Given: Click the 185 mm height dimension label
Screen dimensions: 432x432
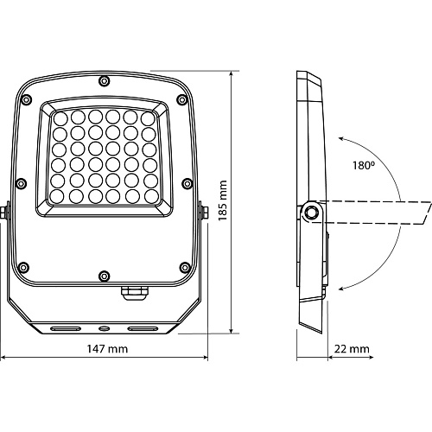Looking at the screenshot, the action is [223, 200].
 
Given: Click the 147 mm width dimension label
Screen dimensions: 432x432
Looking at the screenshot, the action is [107, 349].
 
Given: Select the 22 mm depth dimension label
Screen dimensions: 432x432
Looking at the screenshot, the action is [352, 349].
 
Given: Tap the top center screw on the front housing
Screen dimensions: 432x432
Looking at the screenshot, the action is [104, 81].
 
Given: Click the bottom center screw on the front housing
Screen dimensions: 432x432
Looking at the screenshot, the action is [104, 276].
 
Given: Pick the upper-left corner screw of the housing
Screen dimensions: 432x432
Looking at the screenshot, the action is [26, 99].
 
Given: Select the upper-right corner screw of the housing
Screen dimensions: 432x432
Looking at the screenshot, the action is [182, 99].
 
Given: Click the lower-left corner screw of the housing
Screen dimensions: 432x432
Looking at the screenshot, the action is [23, 267].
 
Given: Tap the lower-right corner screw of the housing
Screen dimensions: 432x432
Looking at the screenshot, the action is [185, 267].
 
